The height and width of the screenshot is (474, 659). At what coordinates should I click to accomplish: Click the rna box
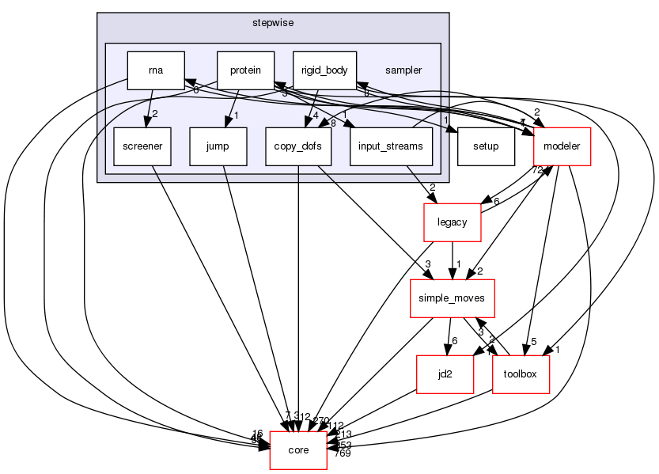pyautogui.click(x=156, y=70)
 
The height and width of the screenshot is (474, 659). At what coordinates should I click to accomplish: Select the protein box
pyautogui.click(x=246, y=70)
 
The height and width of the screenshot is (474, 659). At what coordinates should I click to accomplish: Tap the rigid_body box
pyautogui.click(x=324, y=70)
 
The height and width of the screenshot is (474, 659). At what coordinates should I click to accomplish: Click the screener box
pyautogui.click(x=142, y=146)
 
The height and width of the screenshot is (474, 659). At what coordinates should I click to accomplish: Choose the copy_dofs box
pyautogui.click(x=297, y=146)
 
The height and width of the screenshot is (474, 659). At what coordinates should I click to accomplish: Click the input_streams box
pyautogui.click(x=390, y=146)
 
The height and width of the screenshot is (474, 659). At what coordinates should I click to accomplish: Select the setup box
pyautogui.click(x=485, y=146)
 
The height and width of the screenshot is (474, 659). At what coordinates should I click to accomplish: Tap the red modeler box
pyautogui.click(x=562, y=146)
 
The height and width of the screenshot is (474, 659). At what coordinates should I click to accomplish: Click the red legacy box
pyautogui.click(x=453, y=222)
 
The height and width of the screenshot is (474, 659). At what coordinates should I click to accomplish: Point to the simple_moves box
pyautogui.click(x=451, y=298)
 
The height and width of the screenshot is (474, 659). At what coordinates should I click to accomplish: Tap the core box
pyautogui.click(x=298, y=450)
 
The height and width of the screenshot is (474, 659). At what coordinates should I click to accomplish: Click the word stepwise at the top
pyautogui.click(x=273, y=24)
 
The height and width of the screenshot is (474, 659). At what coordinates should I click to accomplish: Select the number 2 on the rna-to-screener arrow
pyautogui.click(x=155, y=114)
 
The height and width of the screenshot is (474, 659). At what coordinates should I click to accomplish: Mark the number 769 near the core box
pyautogui.click(x=342, y=453)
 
